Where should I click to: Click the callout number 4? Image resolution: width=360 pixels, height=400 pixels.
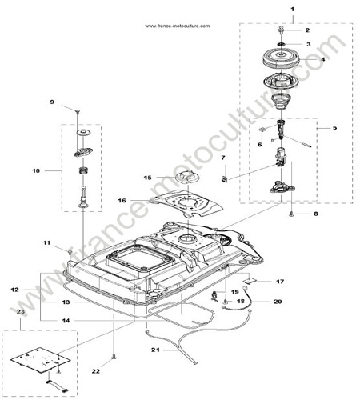click(323, 59)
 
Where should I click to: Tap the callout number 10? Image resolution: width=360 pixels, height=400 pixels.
click(36, 170)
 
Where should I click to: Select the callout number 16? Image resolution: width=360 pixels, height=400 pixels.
click(122, 200)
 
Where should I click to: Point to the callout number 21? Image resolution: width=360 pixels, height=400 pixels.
click(155, 350)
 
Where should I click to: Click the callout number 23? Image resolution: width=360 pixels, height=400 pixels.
click(21, 311)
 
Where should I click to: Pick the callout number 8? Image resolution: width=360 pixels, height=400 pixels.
click(316, 214)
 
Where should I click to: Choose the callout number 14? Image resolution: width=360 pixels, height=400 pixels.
click(66, 321)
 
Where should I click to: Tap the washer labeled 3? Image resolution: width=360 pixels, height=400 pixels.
click(282, 44)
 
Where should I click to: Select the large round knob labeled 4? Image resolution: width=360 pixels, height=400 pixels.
click(281, 59)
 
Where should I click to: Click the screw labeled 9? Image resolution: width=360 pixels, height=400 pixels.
click(78, 111)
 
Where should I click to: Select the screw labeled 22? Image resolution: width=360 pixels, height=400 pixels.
click(114, 357)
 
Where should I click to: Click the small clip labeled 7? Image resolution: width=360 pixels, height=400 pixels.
click(224, 179)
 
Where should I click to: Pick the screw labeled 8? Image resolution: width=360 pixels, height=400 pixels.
click(292, 214)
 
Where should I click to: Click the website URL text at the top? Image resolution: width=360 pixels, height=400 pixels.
click(178, 26)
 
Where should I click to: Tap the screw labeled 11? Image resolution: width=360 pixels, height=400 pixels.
click(70, 252)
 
